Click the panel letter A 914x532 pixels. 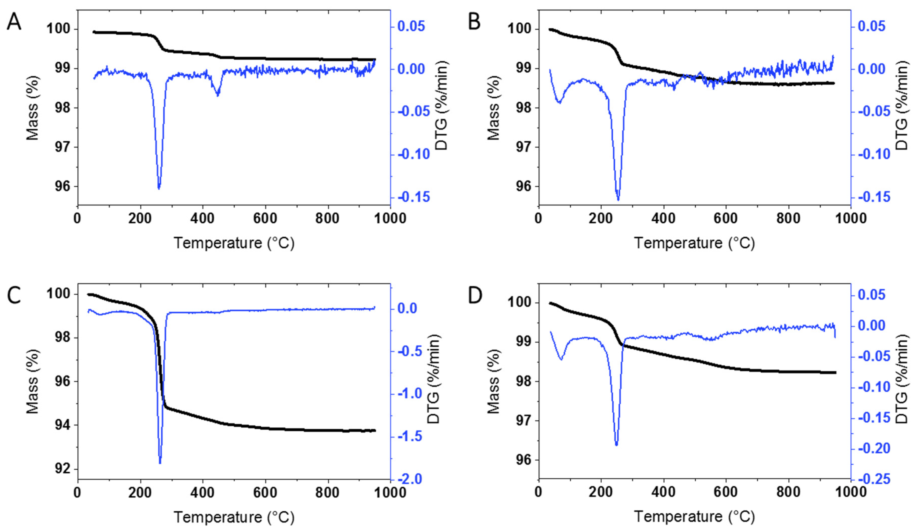[14, 22]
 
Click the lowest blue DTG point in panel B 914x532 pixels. [618, 199]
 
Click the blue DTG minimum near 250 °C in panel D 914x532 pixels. [616, 445]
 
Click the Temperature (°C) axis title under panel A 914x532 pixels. [234, 243]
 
